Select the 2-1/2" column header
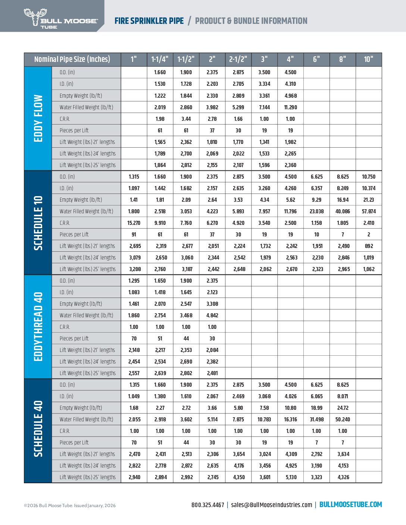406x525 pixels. tap(238, 59)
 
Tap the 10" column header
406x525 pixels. tap(368, 59)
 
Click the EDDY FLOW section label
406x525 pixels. tap(38, 118)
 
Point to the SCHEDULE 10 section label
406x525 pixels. tap(38, 223)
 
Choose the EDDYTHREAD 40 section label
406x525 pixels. tap(38, 327)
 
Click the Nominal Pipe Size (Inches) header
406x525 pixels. tap(72, 59)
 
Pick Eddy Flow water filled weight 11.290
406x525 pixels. tap(290, 107)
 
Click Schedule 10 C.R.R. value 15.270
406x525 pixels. tap(134, 223)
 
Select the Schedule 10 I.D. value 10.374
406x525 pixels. tap(369, 188)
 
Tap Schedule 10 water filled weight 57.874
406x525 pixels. tap(369, 211)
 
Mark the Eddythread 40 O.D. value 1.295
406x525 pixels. tap(134, 281)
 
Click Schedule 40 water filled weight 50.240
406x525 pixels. tap(343, 419)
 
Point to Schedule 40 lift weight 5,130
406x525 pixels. tap(291, 477)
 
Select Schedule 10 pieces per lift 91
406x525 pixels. tap(134, 235)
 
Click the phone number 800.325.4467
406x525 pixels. tap(208, 505)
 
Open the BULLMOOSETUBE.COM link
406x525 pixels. tap(350, 504)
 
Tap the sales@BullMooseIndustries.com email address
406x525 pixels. tap(271, 505)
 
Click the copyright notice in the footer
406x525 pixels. tap(70, 506)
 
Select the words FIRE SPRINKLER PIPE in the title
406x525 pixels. tap(149, 21)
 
